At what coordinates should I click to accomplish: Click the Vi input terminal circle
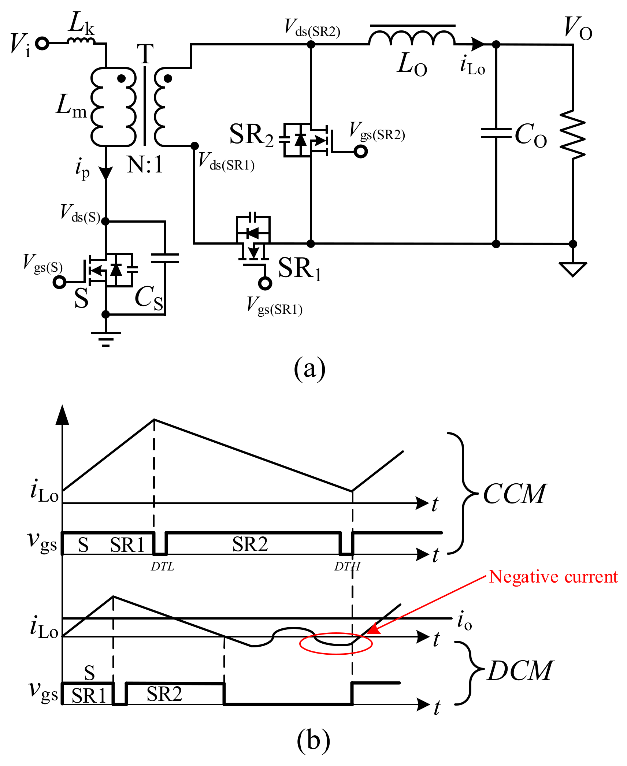(x=42, y=44)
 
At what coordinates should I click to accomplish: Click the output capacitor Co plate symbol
(x=496, y=133)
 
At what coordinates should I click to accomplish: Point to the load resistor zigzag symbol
(x=572, y=134)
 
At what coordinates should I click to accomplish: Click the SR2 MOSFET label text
(x=251, y=135)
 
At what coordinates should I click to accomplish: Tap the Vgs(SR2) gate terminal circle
(x=361, y=151)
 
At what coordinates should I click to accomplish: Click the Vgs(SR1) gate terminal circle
(x=265, y=283)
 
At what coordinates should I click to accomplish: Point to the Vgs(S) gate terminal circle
(x=59, y=282)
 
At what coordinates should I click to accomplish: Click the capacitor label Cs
(x=149, y=297)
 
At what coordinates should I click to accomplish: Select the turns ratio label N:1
(x=145, y=165)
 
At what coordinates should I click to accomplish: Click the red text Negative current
(x=553, y=577)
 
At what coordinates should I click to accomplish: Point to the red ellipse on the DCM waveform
(x=336, y=643)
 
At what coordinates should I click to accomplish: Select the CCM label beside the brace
(x=514, y=494)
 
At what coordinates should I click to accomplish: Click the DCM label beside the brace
(x=520, y=671)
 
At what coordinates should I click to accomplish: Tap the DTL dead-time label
(x=162, y=566)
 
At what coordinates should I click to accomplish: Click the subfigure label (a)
(x=309, y=369)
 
